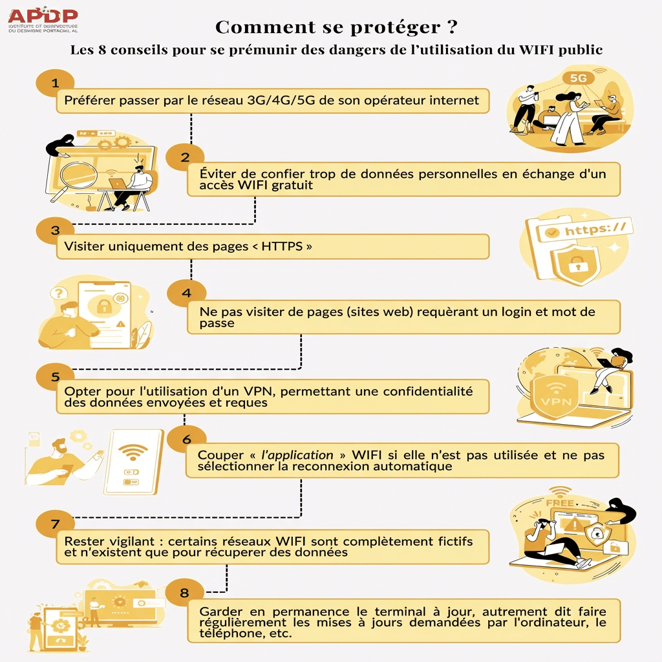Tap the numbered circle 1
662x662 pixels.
[55, 83]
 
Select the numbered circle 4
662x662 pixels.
[186, 293]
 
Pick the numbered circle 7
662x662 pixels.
[55, 522]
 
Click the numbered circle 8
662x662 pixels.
[185, 591]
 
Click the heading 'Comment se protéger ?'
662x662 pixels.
[336, 27]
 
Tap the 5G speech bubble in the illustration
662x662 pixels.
[578, 78]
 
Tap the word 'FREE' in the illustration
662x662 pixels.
[559, 502]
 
